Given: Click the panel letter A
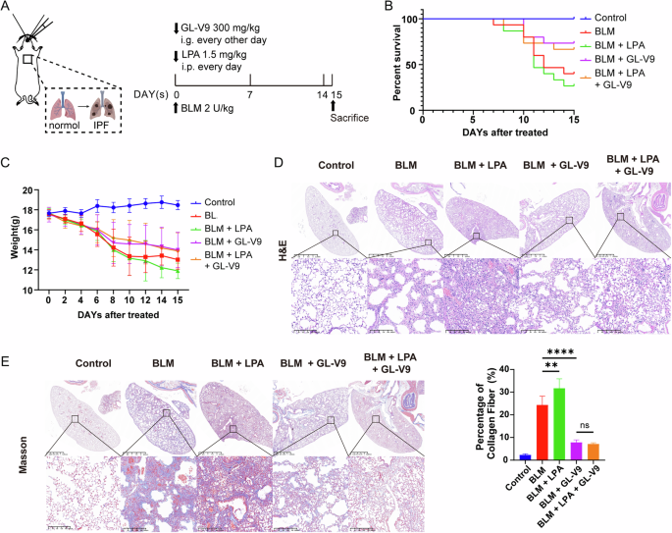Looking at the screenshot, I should point(8,9).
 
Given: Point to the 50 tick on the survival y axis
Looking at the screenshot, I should point(411,65).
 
